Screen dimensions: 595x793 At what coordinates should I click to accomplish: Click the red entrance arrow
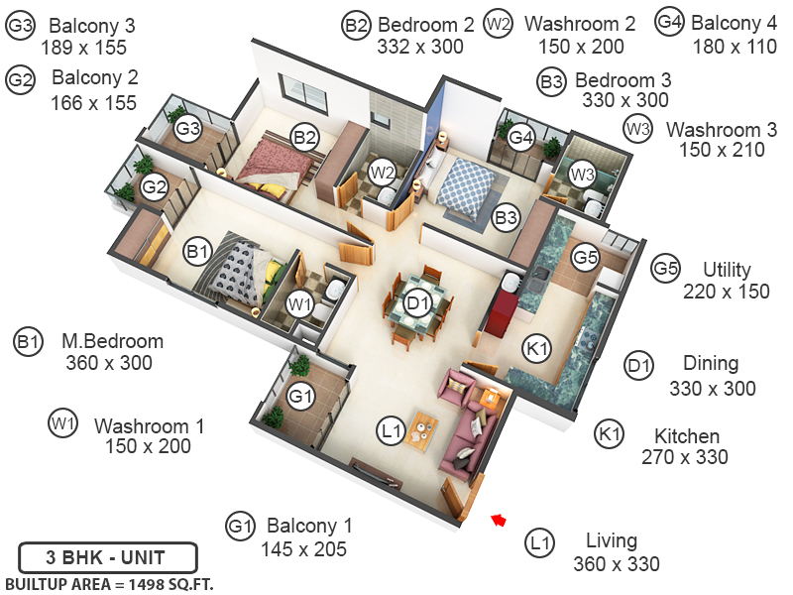tap(500, 519)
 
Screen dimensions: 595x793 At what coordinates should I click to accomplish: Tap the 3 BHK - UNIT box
tap(107, 556)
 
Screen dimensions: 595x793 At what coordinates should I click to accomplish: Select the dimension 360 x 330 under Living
tap(616, 564)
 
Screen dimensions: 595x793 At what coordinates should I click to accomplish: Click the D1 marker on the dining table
tap(418, 302)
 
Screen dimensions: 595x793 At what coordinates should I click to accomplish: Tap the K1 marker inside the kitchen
tap(537, 348)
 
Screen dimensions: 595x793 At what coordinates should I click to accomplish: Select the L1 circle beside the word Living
tap(539, 542)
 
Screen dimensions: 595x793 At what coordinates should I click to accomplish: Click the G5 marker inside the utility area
tap(586, 257)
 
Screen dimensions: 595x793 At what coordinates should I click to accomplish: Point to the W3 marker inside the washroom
tap(582, 175)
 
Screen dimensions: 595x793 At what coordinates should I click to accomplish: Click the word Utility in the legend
tap(727, 270)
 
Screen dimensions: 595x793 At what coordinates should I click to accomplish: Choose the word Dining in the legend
tap(711, 364)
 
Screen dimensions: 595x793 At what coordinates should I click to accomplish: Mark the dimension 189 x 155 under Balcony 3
tap(83, 47)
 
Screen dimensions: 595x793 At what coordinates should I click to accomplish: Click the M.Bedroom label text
tap(112, 341)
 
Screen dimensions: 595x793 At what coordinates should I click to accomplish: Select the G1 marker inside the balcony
tap(299, 396)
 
